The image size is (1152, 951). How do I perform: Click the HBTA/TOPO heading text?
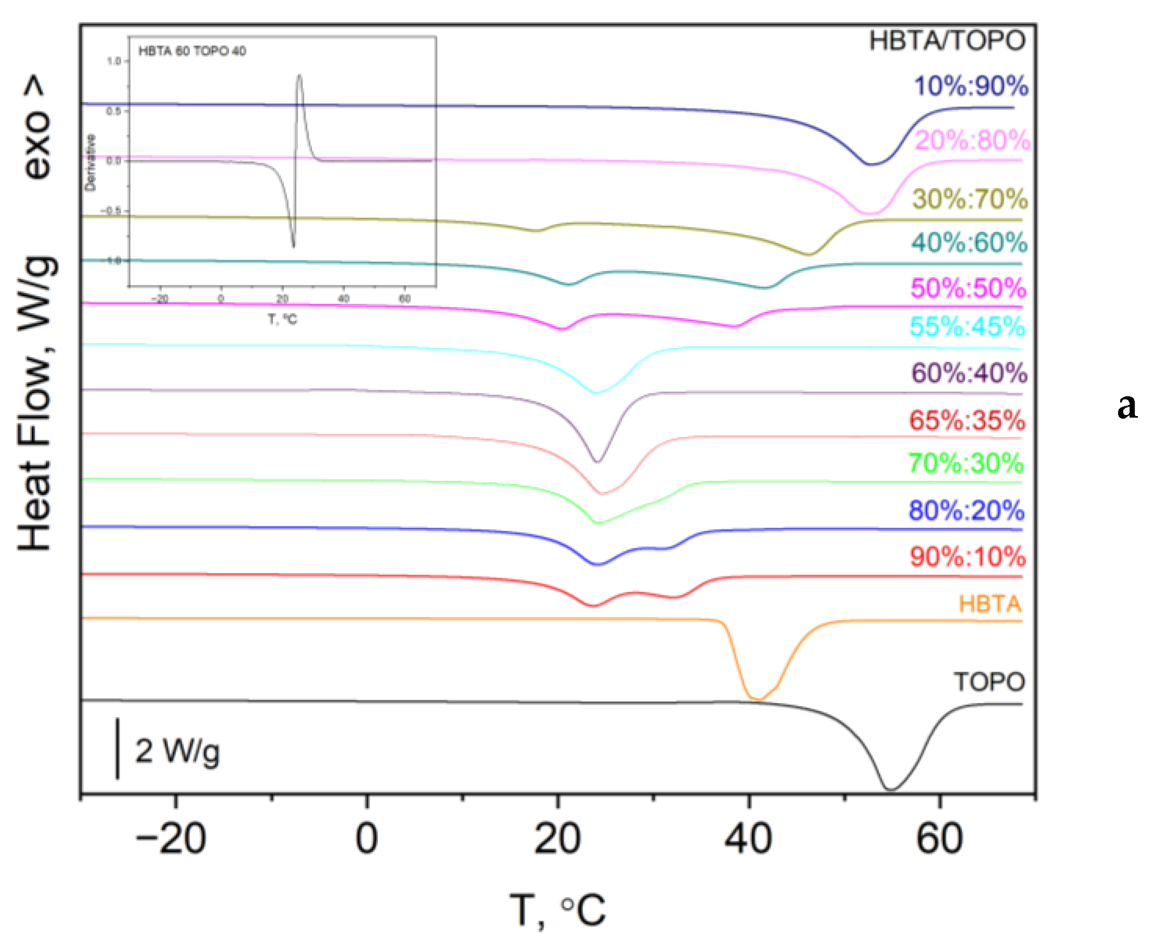pyautogui.click(x=946, y=41)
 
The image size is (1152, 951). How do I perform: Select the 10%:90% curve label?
pyautogui.click(x=970, y=86)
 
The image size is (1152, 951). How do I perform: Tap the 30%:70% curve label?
pyautogui.click(x=969, y=198)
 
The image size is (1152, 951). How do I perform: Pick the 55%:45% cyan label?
pyautogui.click(x=967, y=326)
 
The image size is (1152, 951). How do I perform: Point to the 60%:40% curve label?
pyautogui.click(x=969, y=373)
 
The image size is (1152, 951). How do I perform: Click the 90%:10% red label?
pyautogui.click(x=967, y=557)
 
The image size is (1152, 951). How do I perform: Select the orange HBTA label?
pyautogui.click(x=990, y=604)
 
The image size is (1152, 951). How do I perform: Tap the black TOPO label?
pyautogui.click(x=989, y=682)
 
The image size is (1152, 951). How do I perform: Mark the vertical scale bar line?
pyautogui.click(x=117, y=749)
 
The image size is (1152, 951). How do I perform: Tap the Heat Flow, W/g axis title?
pyautogui.click(x=35, y=403)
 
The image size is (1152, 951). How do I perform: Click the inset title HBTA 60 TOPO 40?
pyautogui.click(x=192, y=52)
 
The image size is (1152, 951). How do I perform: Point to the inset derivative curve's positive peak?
pyautogui.click(x=299, y=76)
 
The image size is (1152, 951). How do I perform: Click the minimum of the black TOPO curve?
pyautogui.click(x=890, y=789)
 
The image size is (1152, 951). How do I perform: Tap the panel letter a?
pyautogui.click(x=1127, y=407)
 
